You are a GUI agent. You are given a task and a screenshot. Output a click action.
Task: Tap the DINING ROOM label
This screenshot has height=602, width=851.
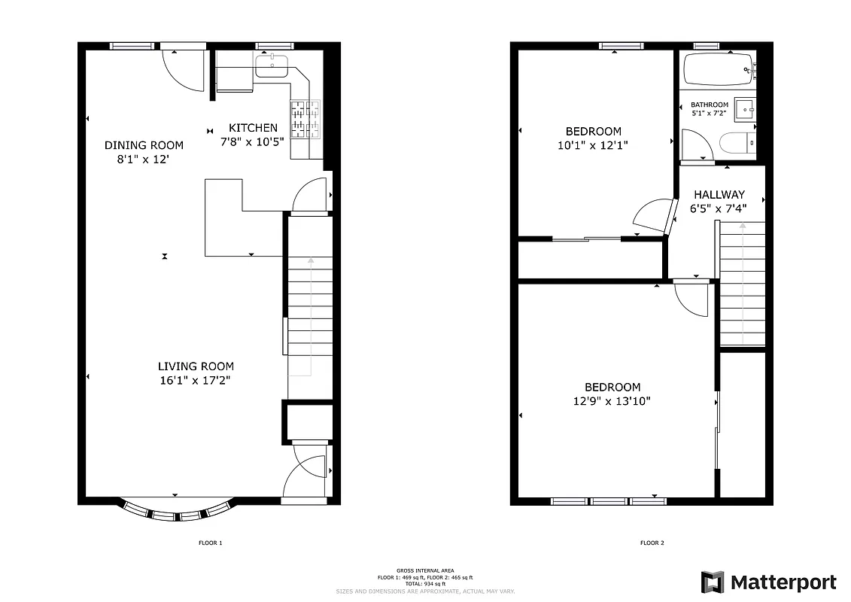click(x=144, y=145)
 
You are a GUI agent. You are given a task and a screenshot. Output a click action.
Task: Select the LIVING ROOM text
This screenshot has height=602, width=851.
click(x=196, y=366)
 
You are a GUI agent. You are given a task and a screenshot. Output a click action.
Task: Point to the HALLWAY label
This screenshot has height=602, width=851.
click(x=719, y=194)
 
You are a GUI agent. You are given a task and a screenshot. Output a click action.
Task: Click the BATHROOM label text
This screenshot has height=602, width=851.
click(x=710, y=105)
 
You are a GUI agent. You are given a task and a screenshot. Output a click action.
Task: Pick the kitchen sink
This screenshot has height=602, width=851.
click(x=272, y=67)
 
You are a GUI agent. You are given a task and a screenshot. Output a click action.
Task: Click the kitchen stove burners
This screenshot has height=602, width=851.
click(x=305, y=119)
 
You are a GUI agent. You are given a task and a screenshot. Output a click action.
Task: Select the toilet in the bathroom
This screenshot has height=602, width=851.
click(x=734, y=142)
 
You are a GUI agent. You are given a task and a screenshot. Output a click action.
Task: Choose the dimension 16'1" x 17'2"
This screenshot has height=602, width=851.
click(x=194, y=380)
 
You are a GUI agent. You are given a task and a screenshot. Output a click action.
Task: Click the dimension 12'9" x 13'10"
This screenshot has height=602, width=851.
click(x=611, y=401)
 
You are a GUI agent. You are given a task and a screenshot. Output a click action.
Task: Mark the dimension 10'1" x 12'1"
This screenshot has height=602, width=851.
click(x=593, y=145)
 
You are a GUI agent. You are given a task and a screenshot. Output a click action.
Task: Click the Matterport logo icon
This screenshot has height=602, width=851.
click(x=713, y=582)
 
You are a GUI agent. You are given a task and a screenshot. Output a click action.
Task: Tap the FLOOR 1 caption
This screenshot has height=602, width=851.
click(x=210, y=543)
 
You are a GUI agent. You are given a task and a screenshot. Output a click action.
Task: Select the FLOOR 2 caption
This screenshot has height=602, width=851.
click(x=652, y=543)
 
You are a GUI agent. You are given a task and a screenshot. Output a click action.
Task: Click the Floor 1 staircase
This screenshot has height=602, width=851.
click(x=310, y=316)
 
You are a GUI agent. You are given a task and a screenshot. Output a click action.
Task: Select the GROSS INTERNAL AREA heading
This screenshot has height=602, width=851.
click(x=425, y=571)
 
